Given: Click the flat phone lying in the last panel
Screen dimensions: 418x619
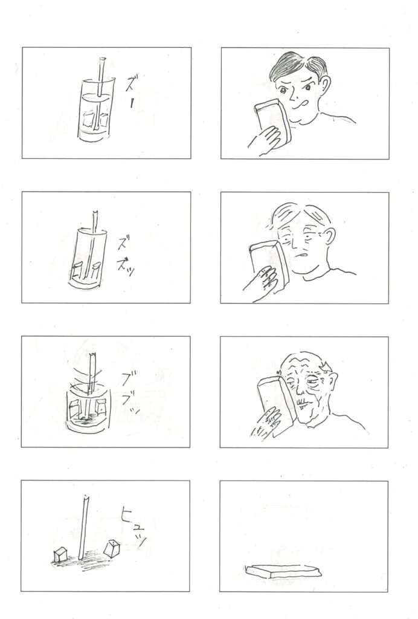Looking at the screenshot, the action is coord(283,571).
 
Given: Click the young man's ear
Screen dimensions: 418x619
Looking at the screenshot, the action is coord(324,85).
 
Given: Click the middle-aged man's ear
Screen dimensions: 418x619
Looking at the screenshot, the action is coord(328,236).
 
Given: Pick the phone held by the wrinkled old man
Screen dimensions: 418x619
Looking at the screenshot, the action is coord(276,404).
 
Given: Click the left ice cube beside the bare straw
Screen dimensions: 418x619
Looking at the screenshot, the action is coord(61,554).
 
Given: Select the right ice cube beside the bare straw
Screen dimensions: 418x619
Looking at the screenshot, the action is coord(112,548).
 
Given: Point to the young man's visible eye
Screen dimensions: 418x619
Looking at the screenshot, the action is coord(283,91).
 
